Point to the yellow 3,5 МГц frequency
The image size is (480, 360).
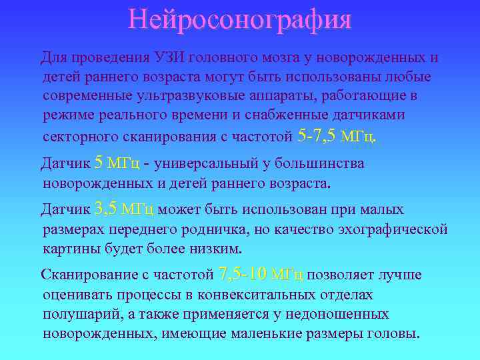pos(125,209)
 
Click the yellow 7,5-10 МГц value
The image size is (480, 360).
pos(261,275)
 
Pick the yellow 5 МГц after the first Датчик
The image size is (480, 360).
pos(117,163)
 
